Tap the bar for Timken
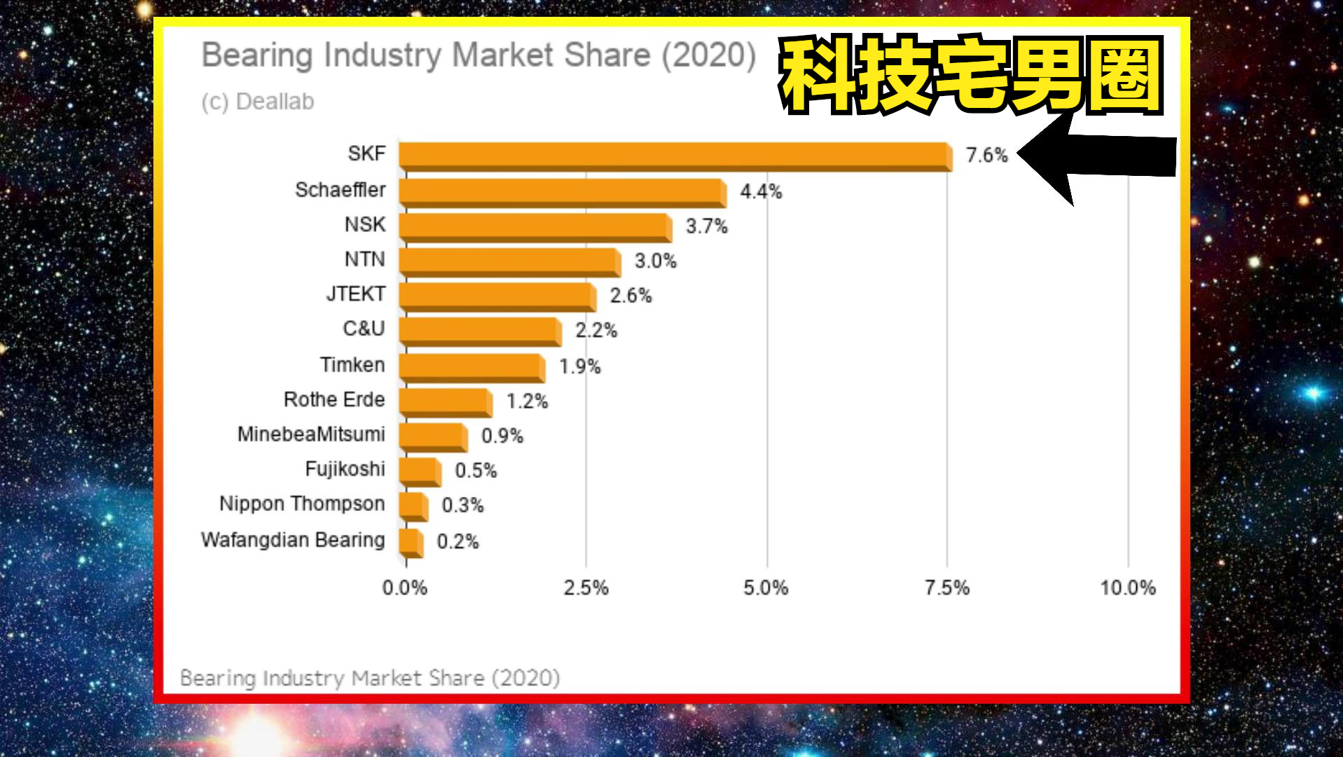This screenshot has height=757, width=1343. pyautogui.click(x=471, y=367)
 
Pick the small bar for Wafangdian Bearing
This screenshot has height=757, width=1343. pyautogui.click(x=411, y=543)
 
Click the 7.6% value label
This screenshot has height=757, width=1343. pyautogui.click(x=986, y=155)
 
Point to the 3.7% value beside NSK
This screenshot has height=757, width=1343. pyautogui.click(x=706, y=226)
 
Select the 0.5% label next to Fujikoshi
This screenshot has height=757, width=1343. pyautogui.click(x=476, y=470)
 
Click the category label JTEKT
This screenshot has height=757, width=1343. pyautogui.click(x=356, y=294)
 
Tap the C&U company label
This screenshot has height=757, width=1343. pyautogui.click(x=364, y=329)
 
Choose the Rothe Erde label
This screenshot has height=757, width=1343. pyautogui.click(x=334, y=400)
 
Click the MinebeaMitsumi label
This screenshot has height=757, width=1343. pyautogui.click(x=311, y=435)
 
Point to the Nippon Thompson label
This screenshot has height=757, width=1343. pyautogui.click(x=302, y=504)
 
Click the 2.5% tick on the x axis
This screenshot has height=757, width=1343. pyautogui.click(x=586, y=587)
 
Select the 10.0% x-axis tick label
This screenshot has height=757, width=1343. pyautogui.click(x=1127, y=587)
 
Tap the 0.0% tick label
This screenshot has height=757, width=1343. pyautogui.click(x=405, y=587)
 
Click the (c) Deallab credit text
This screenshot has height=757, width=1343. pyautogui.click(x=258, y=102)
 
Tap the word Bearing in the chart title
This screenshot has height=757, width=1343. pyautogui.click(x=257, y=56)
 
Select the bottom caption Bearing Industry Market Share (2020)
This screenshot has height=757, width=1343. pyautogui.click(x=370, y=678)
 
